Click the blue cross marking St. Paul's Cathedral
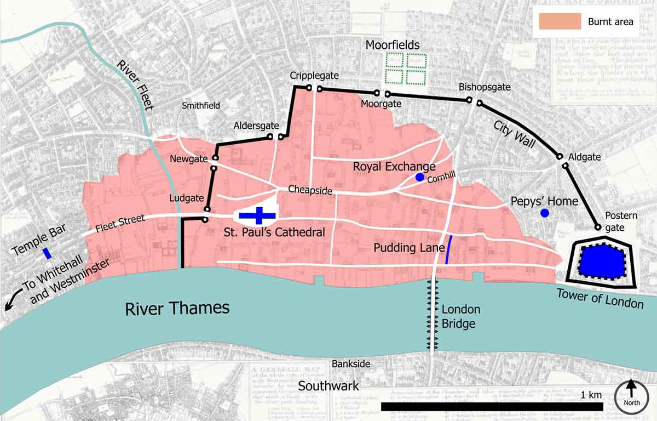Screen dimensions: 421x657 (257, 215)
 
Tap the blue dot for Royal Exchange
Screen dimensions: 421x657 (419, 177)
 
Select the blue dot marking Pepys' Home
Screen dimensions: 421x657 (544, 213)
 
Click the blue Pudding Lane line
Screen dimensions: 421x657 (449, 250)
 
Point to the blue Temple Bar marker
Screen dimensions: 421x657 (48, 253)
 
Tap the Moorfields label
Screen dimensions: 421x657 (393, 45)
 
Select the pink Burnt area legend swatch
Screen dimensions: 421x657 (560, 21)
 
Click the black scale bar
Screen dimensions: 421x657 (491, 407)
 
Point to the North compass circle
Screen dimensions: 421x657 (631, 396)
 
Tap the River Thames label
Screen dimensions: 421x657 (177, 308)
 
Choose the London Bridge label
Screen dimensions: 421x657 (458, 317)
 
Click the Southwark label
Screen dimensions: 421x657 (328, 386)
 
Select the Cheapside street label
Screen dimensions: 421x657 (310, 190)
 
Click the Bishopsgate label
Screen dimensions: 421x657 (485, 87)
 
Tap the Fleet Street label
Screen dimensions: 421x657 (119, 225)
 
